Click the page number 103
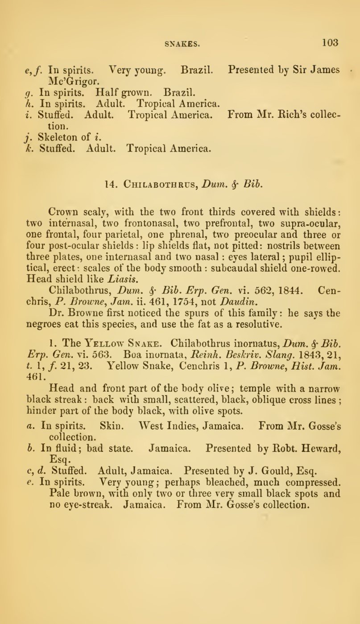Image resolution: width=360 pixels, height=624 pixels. click(330, 43)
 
